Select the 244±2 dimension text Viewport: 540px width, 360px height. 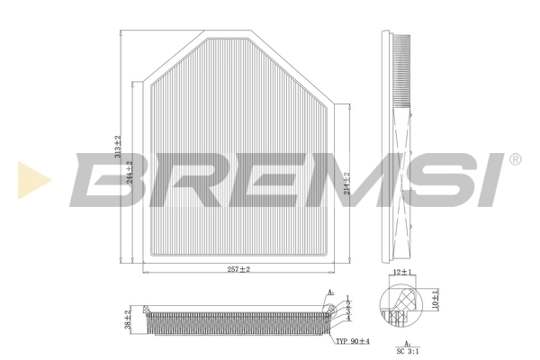pos(130,171)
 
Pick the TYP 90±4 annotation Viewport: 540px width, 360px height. pos(353,341)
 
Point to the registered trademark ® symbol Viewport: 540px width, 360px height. pos(515,159)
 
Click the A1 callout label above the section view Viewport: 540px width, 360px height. pos(330,292)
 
